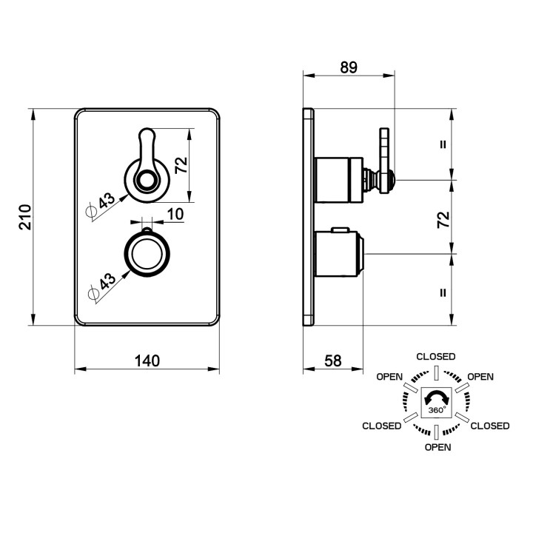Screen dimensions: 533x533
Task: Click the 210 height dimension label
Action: pyautogui.click(x=25, y=217)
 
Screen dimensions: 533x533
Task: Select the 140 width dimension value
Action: pyautogui.click(x=147, y=361)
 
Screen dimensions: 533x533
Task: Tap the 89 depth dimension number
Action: pyautogui.click(x=349, y=67)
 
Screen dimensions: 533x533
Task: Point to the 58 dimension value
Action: pyautogui.click(x=333, y=361)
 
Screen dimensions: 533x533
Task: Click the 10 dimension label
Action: pyautogui.click(x=175, y=214)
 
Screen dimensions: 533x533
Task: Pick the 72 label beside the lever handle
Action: pyautogui.click(x=181, y=165)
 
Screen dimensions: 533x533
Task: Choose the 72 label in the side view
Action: pyautogui.click(x=443, y=220)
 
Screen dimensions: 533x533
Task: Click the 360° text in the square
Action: pyautogui.click(x=436, y=410)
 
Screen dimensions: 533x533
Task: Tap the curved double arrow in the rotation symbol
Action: pyautogui.click(x=436, y=398)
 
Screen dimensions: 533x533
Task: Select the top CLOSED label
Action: pyautogui.click(x=436, y=357)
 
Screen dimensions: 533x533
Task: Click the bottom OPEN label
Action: pyautogui.click(x=438, y=447)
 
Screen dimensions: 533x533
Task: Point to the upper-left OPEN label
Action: pyautogui.click(x=389, y=377)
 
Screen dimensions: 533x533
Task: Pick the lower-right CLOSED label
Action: pyautogui.click(x=490, y=426)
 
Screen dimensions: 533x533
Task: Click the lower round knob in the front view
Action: pyautogui.click(x=147, y=254)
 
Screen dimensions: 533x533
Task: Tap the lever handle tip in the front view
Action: pyautogui.click(x=147, y=129)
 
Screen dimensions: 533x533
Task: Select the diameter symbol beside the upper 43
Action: pyautogui.click(x=91, y=211)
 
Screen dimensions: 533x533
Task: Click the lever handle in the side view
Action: pyautogui.click(x=384, y=161)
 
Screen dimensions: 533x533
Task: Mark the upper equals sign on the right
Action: pyautogui.click(x=443, y=144)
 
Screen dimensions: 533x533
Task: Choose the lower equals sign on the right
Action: pyautogui.click(x=443, y=292)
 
